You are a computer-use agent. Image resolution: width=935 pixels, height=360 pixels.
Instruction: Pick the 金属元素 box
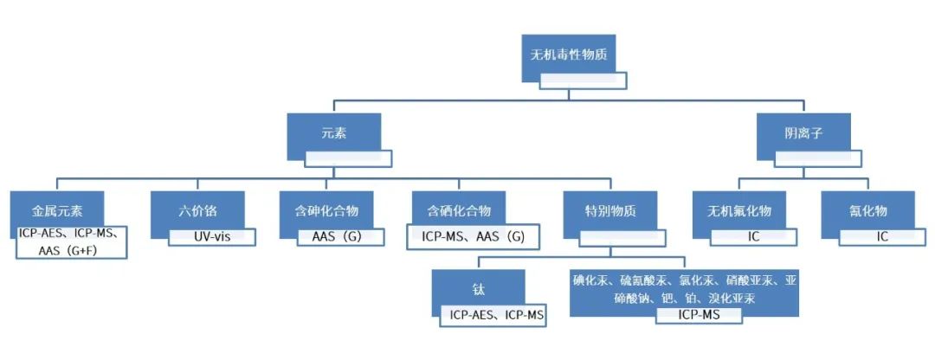[56, 210]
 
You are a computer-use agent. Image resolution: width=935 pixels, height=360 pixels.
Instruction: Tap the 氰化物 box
[868, 210]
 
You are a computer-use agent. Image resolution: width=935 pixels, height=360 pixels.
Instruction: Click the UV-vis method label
[212, 236]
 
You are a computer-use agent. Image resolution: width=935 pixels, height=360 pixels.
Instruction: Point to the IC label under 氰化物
[882, 236]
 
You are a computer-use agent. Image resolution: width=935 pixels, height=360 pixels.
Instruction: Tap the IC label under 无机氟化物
[754, 236]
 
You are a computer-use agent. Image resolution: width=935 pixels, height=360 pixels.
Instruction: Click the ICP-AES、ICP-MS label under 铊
[493, 315]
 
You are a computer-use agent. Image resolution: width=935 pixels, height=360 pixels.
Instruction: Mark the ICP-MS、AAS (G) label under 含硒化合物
[472, 236]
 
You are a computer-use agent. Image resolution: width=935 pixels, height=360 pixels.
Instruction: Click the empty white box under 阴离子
[817, 159]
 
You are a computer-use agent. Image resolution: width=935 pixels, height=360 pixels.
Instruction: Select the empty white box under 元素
[348, 159]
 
